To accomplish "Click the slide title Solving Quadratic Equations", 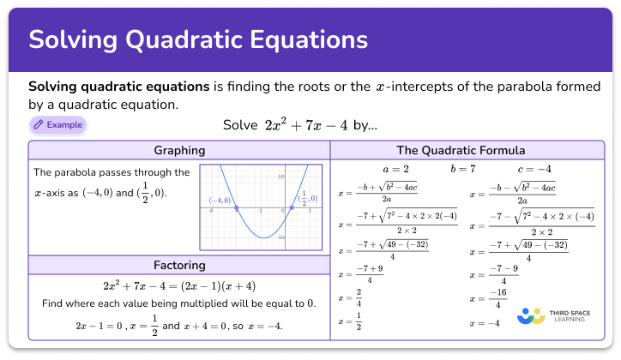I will pos(199,40).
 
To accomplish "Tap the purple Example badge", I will pos(57,125).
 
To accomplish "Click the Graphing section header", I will pos(179,150).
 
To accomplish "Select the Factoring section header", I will pos(179,265).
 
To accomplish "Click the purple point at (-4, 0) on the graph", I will pos(237,208).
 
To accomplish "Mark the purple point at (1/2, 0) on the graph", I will pos(291,208).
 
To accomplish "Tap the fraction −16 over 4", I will pos(503,298).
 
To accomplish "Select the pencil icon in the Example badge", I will pos(38,125).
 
